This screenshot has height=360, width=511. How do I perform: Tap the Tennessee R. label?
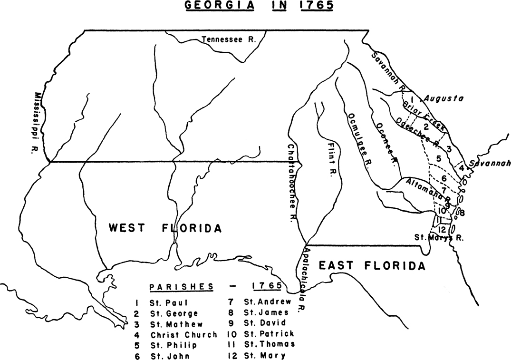coord(229,40)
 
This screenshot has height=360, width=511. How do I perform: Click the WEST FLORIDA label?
coord(165,228)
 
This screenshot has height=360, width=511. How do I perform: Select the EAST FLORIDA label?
coord(372,266)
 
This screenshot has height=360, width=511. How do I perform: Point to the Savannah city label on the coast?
coord(489,163)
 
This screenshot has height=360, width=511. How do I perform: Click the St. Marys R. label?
coord(439,236)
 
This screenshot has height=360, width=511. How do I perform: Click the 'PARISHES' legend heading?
coord(181,287)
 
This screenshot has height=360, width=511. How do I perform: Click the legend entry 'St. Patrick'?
coord(269,334)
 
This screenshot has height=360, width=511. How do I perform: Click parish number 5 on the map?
coord(439,158)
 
